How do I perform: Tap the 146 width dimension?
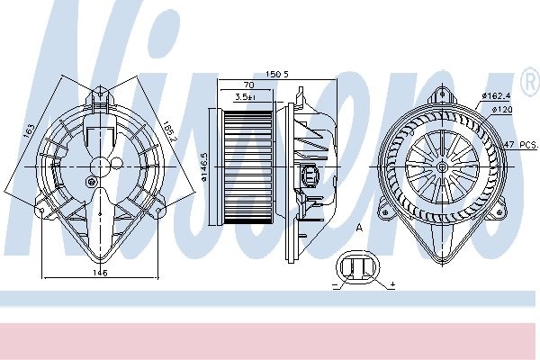(x=100, y=273)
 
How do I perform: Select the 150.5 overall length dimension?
(x=275, y=75)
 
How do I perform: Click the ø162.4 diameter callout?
(x=496, y=94)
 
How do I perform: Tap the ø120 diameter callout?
(x=502, y=109)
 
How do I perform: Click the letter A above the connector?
(x=358, y=229)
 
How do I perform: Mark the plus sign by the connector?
(x=393, y=284)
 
